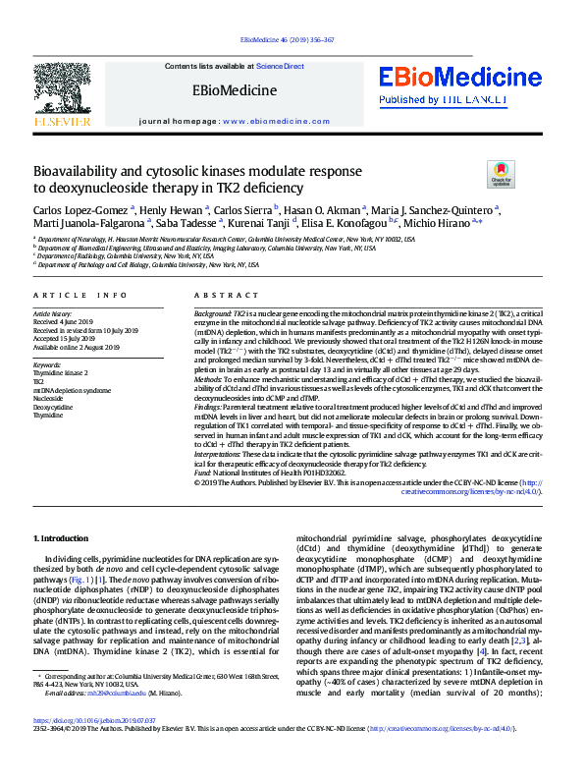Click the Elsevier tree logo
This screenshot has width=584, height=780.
pos(63,91)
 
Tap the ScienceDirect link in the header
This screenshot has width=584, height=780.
pos(280,66)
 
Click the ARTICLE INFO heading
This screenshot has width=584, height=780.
pos(80,296)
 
